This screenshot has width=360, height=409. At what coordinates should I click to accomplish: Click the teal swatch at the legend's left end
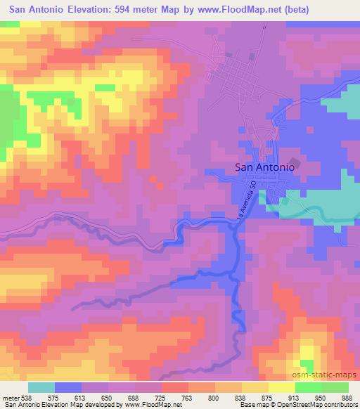(41, 387)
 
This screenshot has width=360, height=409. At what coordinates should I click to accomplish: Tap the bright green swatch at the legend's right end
(335, 387)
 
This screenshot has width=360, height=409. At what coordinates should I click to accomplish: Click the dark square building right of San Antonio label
(294, 164)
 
